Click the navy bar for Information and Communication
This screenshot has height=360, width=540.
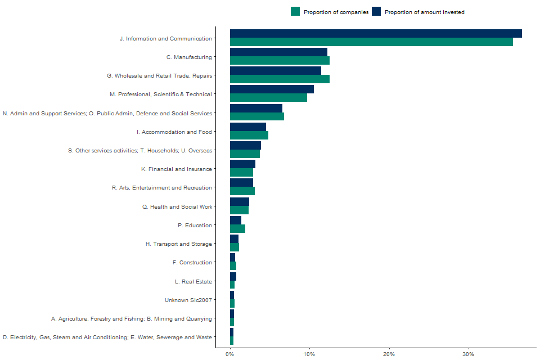pyautogui.click(x=376, y=34)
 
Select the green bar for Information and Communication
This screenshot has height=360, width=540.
pyautogui.click(x=371, y=42)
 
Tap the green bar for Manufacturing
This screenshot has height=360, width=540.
pyautogui.click(x=280, y=61)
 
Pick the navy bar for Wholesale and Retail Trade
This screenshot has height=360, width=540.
pyautogui.click(x=276, y=71)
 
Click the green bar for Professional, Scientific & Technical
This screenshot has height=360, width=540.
pyautogui.click(x=268, y=98)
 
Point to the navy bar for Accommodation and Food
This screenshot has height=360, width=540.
pyautogui.click(x=248, y=127)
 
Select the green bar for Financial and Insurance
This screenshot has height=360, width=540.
pyautogui.click(x=241, y=173)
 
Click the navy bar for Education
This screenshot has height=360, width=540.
pyautogui.click(x=236, y=220)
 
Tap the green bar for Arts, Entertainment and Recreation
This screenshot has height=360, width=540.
pyautogui.click(x=242, y=191)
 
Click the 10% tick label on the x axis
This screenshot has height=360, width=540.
pyautogui.click(x=309, y=354)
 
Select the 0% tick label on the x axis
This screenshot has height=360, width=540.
pyautogui.click(x=230, y=354)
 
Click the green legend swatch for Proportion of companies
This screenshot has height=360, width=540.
pyautogui.click(x=295, y=12)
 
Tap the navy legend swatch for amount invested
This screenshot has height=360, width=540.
pyautogui.click(x=376, y=12)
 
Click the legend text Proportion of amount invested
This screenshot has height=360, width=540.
pyautogui.click(x=425, y=12)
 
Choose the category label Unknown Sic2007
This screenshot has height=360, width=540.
pyautogui.click(x=188, y=300)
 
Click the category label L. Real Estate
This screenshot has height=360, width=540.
pyautogui.click(x=193, y=282)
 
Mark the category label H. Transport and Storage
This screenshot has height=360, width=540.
pyautogui.click(x=179, y=244)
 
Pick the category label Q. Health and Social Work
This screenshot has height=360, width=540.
pyautogui.click(x=177, y=207)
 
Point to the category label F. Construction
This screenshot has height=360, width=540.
pyautogui.click(x=192, y=263)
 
